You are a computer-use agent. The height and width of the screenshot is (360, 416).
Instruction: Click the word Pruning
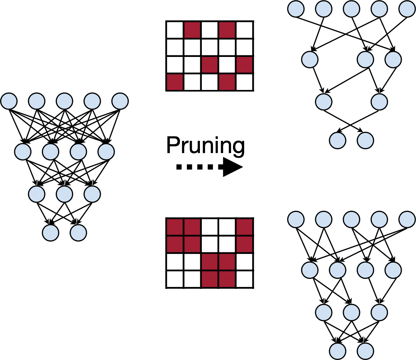[205, 146]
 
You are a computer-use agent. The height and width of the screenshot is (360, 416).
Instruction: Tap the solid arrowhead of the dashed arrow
[232, 167]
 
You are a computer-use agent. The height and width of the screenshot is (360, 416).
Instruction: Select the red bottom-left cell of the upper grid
[175, 82]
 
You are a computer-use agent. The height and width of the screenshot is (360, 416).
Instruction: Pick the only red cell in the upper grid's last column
[245, 64]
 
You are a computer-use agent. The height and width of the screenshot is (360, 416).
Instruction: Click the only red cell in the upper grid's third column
[210, 64]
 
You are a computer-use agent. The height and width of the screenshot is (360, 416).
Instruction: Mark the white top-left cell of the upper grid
[175, 30]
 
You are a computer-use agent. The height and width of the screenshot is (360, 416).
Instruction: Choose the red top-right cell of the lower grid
[245, 226]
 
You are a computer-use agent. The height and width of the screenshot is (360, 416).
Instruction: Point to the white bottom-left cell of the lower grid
[175, 278]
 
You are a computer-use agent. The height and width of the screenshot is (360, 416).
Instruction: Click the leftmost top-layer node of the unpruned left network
[9, 101]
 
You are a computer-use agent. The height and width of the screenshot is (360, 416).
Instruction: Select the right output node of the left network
[78, 232]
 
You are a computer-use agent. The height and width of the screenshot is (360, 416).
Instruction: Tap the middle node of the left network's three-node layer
[65, 194]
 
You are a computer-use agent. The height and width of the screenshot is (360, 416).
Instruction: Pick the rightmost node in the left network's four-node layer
[106, 152]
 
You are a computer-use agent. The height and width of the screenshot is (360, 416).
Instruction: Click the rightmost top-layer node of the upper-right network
[407, 8]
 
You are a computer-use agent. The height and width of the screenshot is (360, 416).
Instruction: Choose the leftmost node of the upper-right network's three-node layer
[310, 59]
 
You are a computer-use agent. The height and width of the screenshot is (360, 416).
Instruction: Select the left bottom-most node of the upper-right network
[338, 140]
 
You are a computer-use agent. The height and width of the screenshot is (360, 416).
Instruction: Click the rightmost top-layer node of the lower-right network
[407, 220]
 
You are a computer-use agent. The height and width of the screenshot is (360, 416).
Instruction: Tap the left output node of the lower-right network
[338, 350]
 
